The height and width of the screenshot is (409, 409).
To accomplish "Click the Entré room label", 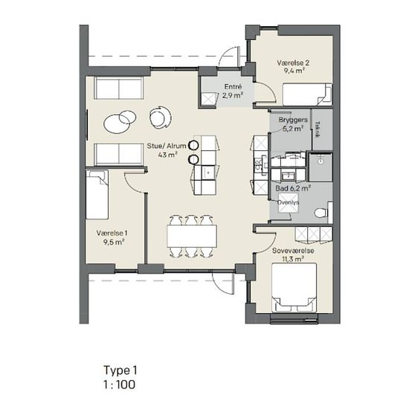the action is pos(234,86).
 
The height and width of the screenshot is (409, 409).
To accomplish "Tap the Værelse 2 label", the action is pos(293,63).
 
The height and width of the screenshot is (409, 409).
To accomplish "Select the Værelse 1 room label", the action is pos(112,233).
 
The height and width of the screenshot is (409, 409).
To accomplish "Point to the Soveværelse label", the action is pos(293,251).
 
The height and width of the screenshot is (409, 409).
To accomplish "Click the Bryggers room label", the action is pos(293,120).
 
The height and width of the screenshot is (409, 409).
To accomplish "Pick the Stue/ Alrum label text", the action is pos(167,146).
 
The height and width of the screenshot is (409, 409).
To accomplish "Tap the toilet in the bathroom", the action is pos(321,213).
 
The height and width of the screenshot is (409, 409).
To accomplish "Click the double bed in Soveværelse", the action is pos(294,288).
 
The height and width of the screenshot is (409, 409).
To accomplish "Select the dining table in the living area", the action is pos(192,236).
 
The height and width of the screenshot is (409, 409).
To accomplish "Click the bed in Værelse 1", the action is pos(97,195).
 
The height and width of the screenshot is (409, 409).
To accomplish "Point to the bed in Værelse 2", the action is pos(307,94).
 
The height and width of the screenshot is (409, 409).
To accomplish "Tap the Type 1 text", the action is pos(120,370).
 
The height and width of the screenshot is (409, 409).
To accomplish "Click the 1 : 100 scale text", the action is pos(120,384).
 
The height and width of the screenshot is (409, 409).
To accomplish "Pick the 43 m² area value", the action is pos(167,155).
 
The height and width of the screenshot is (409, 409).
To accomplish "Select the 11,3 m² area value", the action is pos(293,260).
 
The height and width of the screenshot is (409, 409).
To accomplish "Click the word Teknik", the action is pos(318,129).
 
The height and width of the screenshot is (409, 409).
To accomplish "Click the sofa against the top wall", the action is pos(119,88).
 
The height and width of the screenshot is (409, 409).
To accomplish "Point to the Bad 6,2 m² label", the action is pos(293,188).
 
